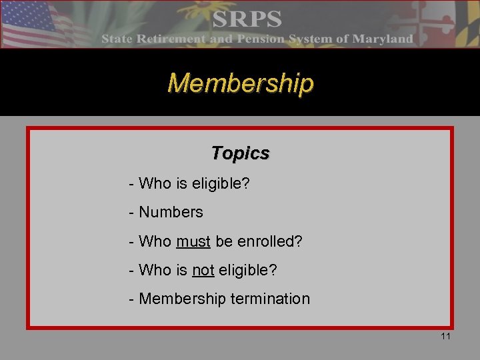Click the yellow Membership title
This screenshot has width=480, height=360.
click(240, 84)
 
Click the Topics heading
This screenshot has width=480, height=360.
click(240, 153)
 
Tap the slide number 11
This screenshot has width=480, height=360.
click(445, 336)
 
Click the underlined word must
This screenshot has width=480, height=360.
click(193, 241)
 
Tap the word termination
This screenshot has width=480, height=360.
click(270, 299)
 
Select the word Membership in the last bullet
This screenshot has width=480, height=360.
click(182, 299)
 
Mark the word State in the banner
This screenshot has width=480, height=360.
click(117, 39)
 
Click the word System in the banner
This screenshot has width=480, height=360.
click(310, 39)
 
